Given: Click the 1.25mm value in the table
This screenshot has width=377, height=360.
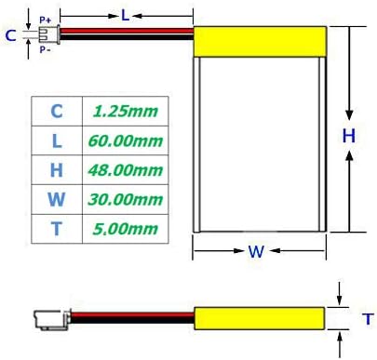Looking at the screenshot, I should [125, 112].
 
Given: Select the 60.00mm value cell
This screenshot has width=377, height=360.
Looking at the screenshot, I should [125, 140].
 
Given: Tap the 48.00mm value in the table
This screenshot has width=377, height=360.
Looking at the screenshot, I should [125, 170].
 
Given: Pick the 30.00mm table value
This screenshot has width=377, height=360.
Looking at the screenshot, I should [125, 199].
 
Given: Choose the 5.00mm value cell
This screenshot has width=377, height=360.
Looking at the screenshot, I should [125, 229].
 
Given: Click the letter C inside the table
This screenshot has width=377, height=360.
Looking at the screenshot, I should [57, 112].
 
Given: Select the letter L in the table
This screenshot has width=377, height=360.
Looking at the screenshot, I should [57, 140].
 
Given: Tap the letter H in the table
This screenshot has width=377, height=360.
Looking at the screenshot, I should [57, 170].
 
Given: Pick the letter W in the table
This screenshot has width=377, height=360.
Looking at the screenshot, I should [57, 199].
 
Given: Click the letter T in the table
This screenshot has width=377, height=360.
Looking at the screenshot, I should [57, 229].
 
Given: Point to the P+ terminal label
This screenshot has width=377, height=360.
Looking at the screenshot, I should [46, 19].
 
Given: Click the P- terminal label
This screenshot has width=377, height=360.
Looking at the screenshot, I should [46, 50].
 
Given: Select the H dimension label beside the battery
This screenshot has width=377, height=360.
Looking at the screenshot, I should [348, 136].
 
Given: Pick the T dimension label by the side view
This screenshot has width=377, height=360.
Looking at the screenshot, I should [366, 319].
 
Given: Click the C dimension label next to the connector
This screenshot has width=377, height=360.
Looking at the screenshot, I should [10, 35].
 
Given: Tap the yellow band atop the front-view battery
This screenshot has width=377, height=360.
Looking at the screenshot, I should [261, 40].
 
